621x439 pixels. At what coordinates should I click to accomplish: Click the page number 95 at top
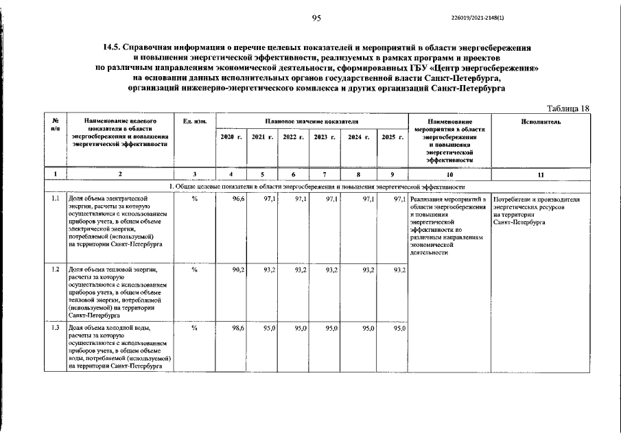coord(316,18)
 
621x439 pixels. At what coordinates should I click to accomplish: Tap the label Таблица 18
coord(567,108)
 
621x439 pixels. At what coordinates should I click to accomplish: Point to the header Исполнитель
coord(541,121)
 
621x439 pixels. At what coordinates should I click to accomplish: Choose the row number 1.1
coord(55,198)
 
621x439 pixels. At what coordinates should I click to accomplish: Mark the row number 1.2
coord(55,270)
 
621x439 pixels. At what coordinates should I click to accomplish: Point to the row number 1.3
coord(55,329)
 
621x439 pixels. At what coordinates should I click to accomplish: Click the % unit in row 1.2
coord(195,270)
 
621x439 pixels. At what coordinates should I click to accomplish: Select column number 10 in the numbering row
coord(449,174)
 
